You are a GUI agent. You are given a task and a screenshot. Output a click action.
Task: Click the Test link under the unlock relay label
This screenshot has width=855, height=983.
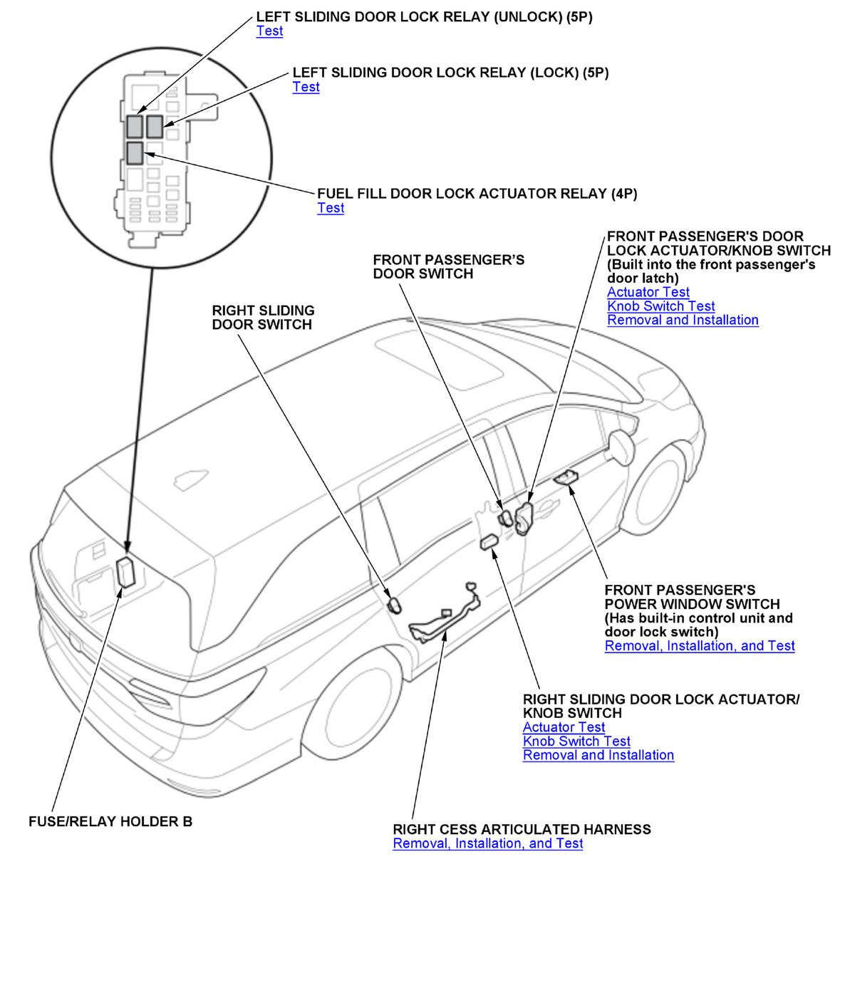point(269,31)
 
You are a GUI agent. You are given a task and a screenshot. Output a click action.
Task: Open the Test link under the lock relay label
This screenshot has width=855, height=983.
point(306,87)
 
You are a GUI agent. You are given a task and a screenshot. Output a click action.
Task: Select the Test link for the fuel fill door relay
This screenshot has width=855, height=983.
point(331,208)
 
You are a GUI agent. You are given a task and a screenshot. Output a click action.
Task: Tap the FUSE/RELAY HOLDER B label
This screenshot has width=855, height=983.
point(110,821)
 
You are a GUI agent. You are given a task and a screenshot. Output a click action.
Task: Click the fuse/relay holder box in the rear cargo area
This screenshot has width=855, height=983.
point(126,572)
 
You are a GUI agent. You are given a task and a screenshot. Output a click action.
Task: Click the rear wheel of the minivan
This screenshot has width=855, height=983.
point(354,705)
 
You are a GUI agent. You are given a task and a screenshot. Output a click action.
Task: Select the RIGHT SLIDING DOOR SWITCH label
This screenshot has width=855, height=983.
point(263,318)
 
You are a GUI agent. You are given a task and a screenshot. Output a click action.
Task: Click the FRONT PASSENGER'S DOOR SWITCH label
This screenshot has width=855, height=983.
point(448,267)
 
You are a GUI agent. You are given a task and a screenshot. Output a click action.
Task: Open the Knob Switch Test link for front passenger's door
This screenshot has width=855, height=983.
point(660,306)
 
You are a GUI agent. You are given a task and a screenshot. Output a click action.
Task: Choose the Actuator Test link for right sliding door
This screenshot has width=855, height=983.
point(564,727)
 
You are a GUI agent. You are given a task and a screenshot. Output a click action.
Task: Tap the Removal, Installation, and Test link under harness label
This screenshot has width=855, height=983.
point(487,843)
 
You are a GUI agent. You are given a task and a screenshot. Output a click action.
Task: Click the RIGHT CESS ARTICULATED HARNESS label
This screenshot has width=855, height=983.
point(522,829)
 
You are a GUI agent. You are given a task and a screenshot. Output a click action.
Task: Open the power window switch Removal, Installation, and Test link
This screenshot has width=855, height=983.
point(699,646)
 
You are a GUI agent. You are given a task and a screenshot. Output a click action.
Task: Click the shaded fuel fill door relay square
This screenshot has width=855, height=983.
point(134,152)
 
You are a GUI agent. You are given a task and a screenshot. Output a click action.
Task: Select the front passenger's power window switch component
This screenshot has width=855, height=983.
point(567,478)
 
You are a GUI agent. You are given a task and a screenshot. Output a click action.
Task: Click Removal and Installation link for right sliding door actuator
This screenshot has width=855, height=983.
point(598,755)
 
